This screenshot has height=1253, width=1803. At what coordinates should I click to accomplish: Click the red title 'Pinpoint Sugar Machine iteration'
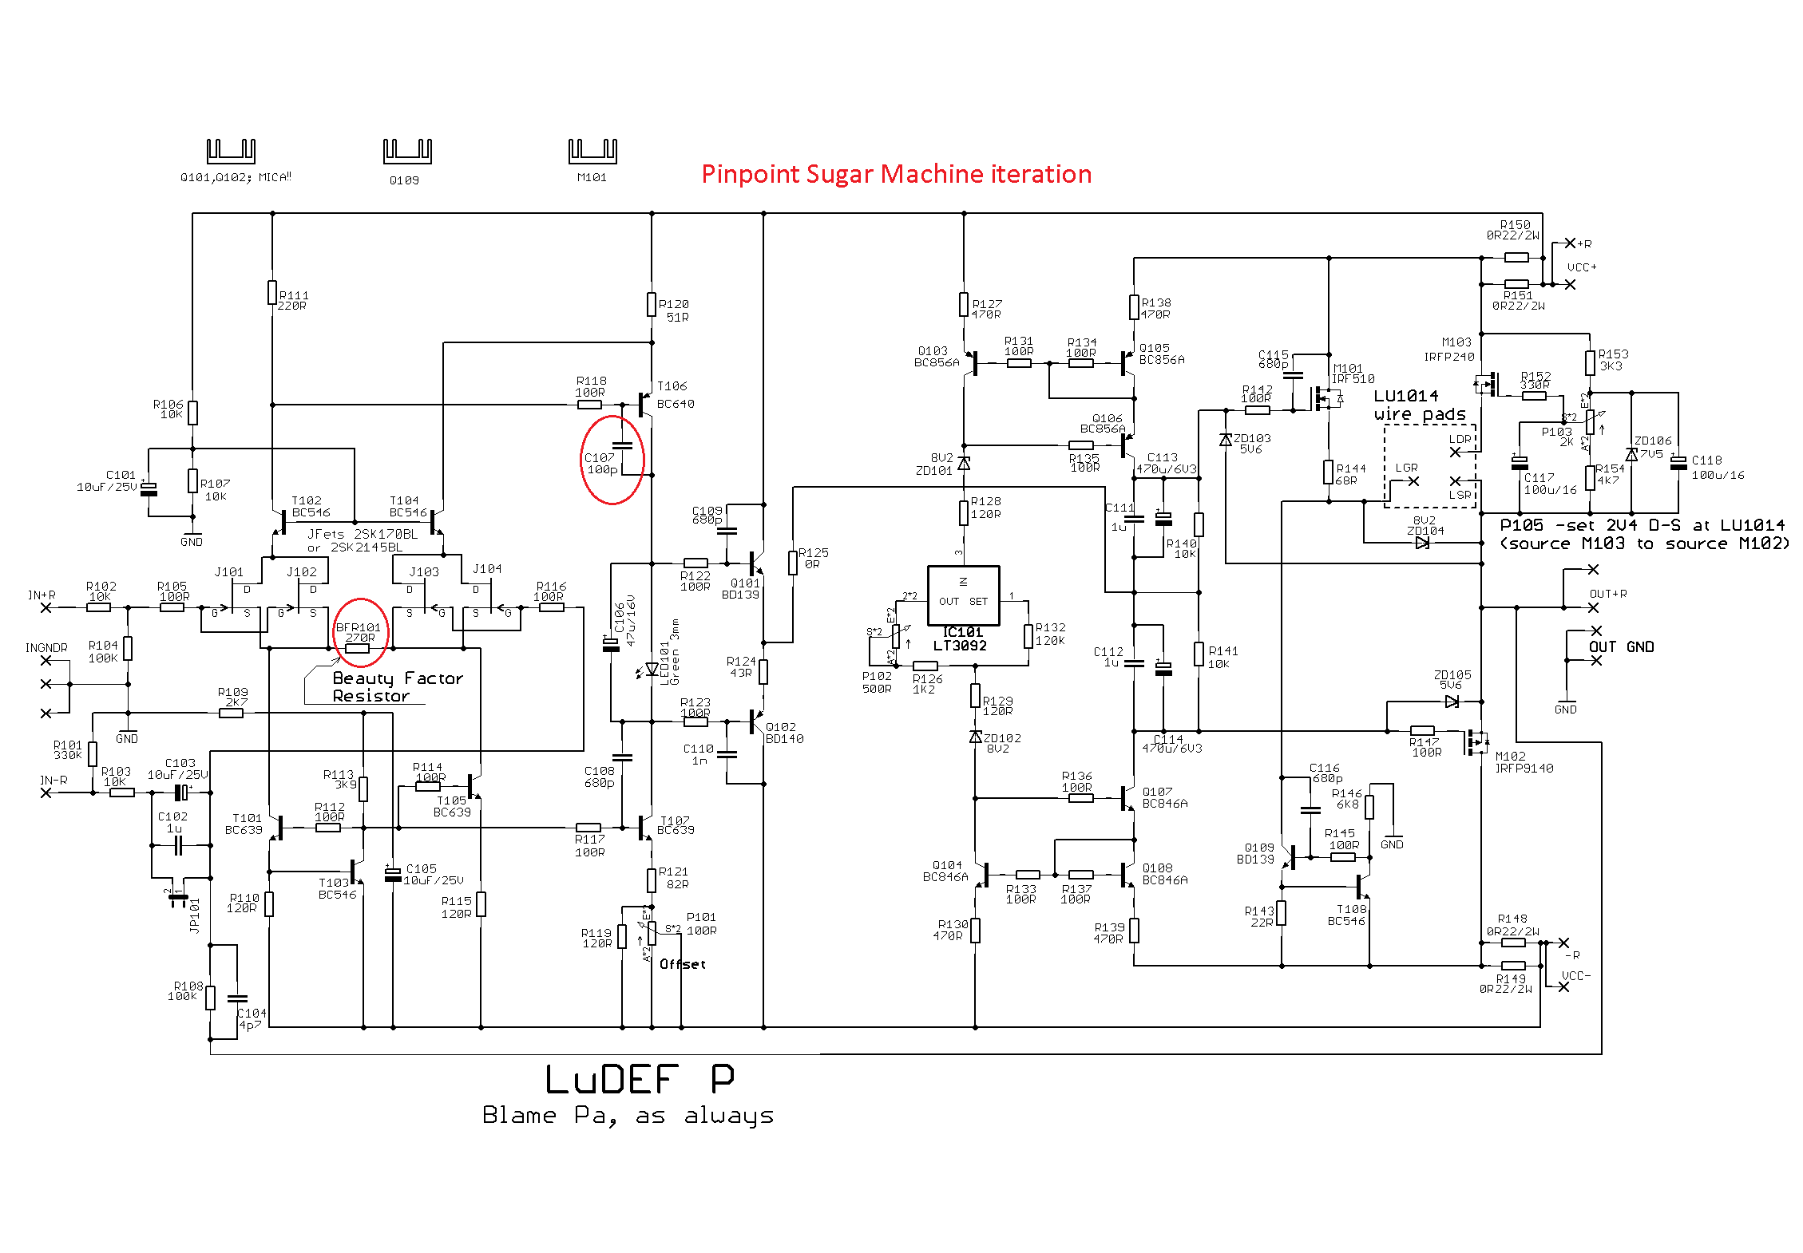pos(896,174)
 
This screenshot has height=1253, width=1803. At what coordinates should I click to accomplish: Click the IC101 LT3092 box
pos(963,595)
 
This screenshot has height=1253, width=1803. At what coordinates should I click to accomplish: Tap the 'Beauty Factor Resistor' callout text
pos(397,687)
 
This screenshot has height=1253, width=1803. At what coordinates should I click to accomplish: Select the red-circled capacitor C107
pos(622,445)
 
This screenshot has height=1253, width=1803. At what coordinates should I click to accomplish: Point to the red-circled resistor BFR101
pos(357,648)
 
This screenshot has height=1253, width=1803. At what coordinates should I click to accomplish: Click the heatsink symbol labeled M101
pos(592,150)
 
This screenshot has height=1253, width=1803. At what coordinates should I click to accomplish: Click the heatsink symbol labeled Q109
pos(407,150)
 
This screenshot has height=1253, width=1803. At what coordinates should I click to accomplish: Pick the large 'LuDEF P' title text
pos(640,1080)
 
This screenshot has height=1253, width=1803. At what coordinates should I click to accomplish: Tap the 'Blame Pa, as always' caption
pos(628,1115)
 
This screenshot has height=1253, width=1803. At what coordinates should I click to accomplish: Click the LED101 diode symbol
pos(652,670)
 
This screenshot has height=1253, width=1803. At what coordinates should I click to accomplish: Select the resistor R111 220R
pos(272,293)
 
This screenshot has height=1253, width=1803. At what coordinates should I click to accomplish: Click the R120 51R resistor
pos(652,304)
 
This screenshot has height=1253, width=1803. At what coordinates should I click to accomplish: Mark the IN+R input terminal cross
pos(46,607)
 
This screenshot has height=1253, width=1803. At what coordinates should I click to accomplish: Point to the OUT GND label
pos(1621,646)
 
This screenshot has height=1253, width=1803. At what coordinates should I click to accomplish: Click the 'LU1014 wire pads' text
pos(1420,405)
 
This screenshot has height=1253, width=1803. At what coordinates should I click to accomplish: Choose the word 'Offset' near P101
pos(683,964)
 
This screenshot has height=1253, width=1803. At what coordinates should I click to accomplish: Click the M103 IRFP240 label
pos(1449,350)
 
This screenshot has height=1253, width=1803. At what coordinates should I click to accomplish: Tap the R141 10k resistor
pos(1199,654)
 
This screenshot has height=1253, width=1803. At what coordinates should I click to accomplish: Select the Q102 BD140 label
pos(784,733)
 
